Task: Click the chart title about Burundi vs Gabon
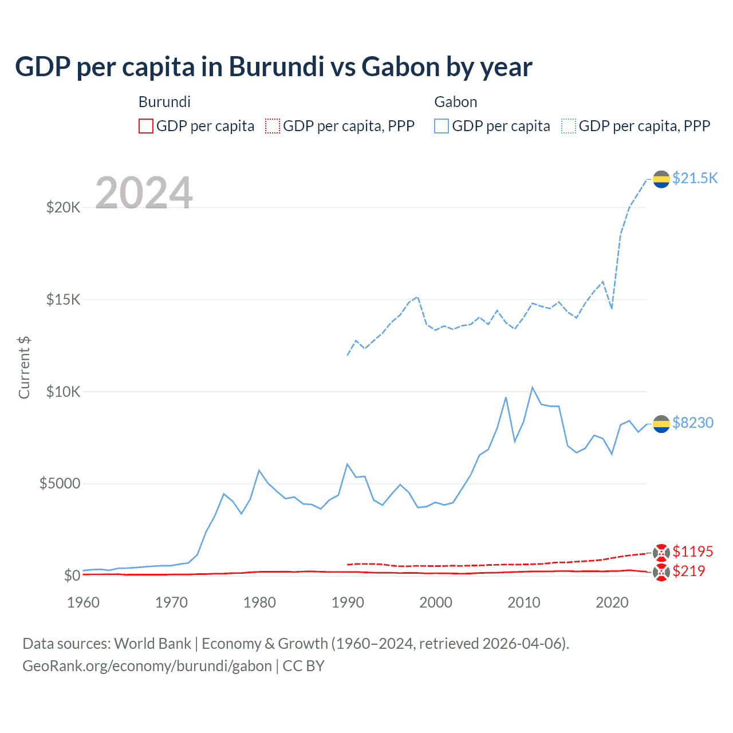click(274, 67)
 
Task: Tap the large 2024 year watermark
click(144, 193)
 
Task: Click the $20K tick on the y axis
click(63, 207)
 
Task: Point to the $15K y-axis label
click(63, 299)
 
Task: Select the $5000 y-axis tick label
click(60, 483)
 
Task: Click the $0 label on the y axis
click(72, 576)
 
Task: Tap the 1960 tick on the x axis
click(83, 602)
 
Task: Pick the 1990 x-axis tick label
click(348, 602)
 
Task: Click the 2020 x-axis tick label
click(612, 602)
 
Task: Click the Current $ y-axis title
click(24, 368)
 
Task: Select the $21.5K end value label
click(695, 178)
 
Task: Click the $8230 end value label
click(693, 423)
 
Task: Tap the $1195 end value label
click(693, 551)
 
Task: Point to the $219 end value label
click(689, 571)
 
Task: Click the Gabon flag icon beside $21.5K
click(661, 179)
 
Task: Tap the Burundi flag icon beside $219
click(661, 572)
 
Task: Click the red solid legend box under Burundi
click(146, 126)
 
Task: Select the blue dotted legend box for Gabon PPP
click(569, 126)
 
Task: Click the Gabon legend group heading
click(456, 102)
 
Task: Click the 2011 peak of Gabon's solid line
click(533, 388)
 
